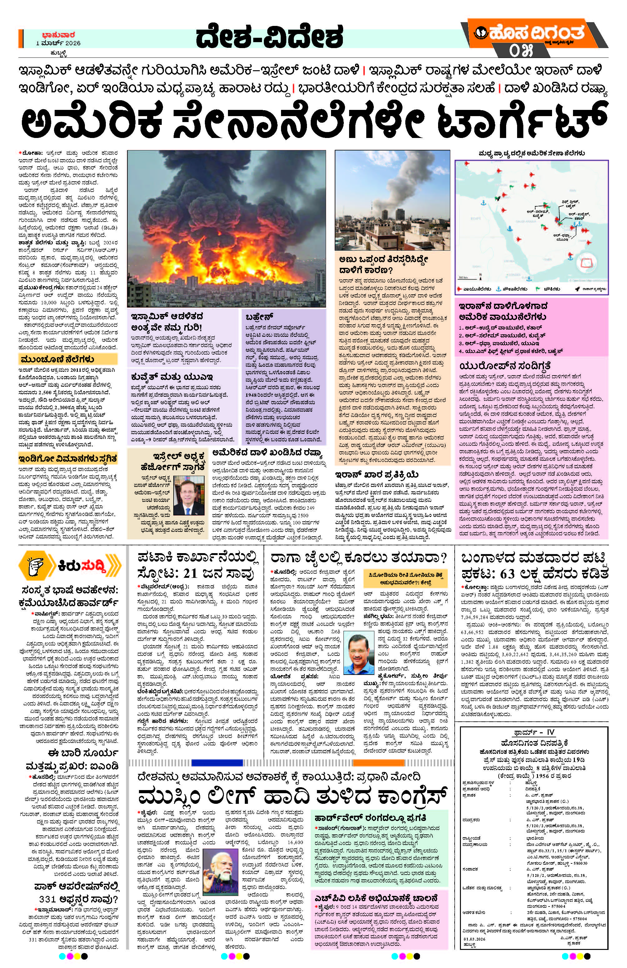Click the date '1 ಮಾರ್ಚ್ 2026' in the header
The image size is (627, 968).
[58, 43]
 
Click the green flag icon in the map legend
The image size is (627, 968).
[537, 289]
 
